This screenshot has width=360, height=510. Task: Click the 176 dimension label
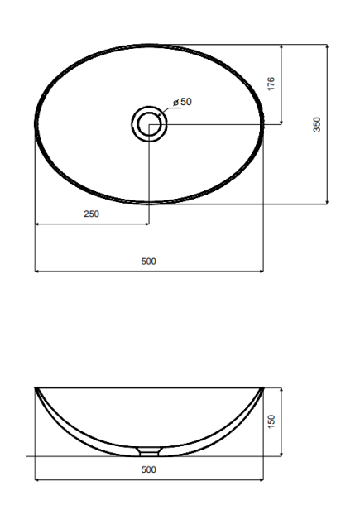tap(271, 84)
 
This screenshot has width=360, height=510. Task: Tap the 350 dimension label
tap(316, 124)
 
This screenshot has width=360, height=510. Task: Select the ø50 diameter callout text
tap(182, 102)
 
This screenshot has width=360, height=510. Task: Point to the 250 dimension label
tap(91, 214)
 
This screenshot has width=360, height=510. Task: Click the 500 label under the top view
tap(149, 262)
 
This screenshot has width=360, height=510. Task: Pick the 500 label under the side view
tap(149, 469)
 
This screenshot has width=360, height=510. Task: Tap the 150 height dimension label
tap(271, 421)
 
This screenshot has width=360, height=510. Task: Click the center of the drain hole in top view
tap(149, 124)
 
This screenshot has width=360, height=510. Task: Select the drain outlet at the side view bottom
tap(149, 452)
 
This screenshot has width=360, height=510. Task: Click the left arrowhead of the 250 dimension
tap(36, 224)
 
